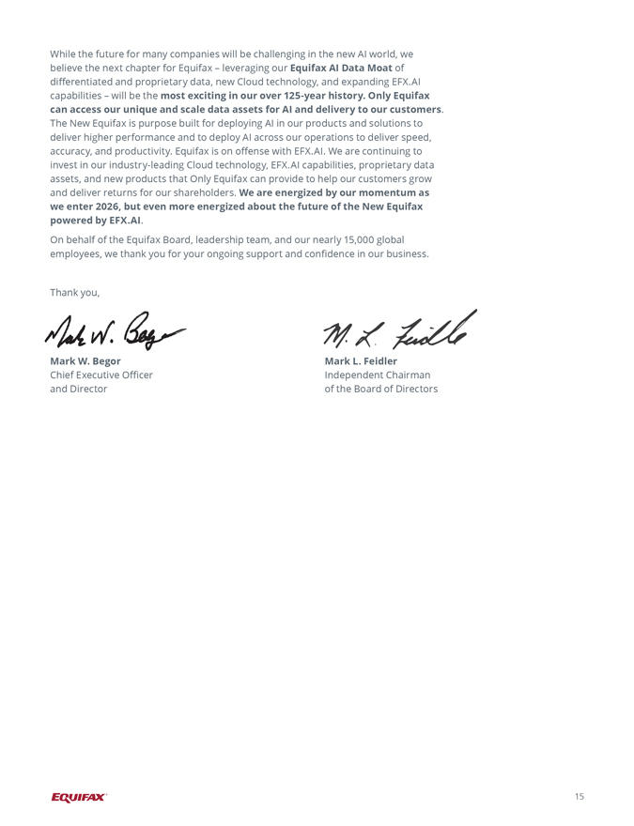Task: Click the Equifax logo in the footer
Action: coord(79,797)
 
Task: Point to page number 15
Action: coord(579,797)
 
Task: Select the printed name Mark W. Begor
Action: coord(85,361)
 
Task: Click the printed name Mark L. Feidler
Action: coord(361,361)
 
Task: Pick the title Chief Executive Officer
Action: coord(101,375)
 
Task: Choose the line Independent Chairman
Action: coord(378,375)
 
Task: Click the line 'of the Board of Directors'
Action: coord(380,390)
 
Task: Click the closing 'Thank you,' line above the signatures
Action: coord(74,293)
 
